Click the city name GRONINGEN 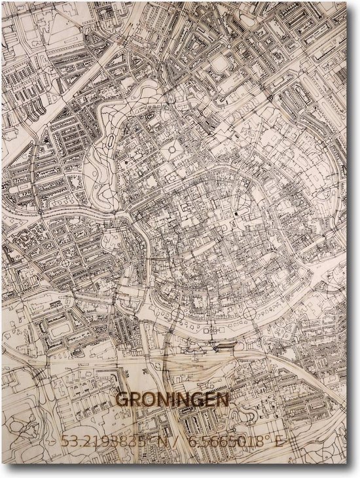click(172, 399)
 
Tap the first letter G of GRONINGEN click(122, 399)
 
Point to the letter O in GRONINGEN click(148, 399)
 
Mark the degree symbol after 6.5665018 click(267, 437)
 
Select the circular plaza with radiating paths click(173, 150)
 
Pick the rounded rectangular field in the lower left click(62, 325)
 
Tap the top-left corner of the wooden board click(2, 2)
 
